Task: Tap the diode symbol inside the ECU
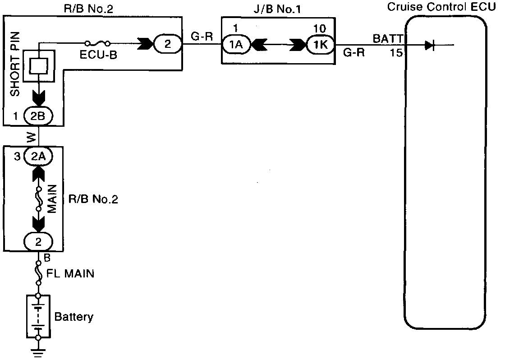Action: (x=429, y=45)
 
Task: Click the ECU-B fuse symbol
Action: (x=98, y=44)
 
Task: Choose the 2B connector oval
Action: (x=38, y=116)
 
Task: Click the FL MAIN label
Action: (x=71, y=273)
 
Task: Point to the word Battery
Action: (x=73, y=317)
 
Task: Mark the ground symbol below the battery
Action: (x=38, y=351)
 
